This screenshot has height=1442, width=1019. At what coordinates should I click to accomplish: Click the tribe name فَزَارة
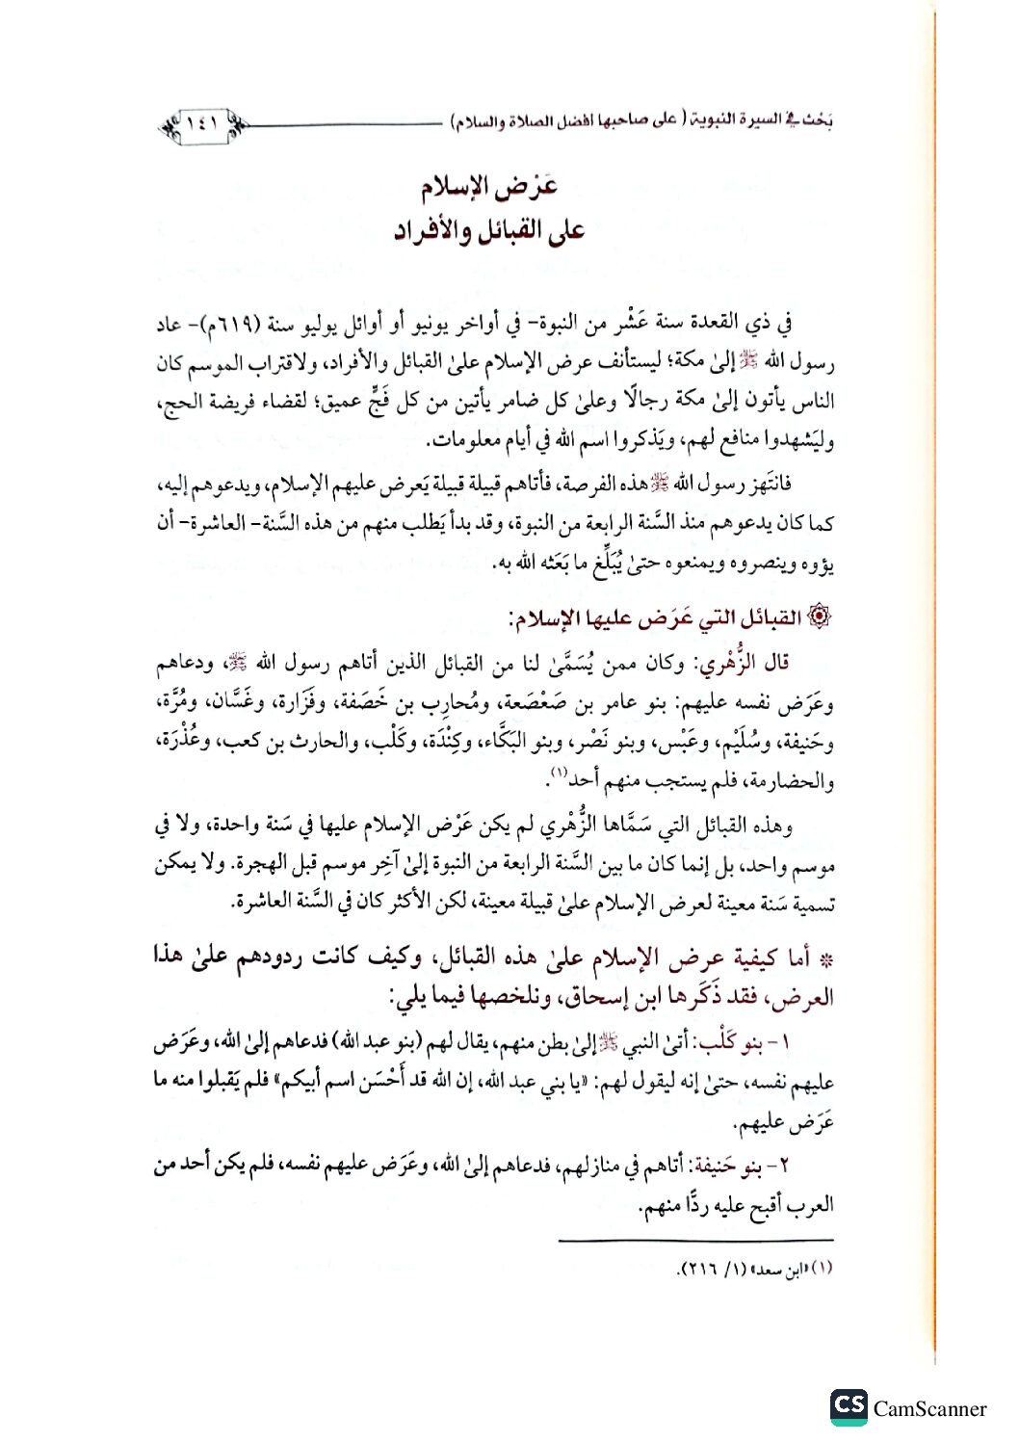[345, 703]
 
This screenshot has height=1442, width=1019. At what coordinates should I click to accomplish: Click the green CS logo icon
[848, 1407]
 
